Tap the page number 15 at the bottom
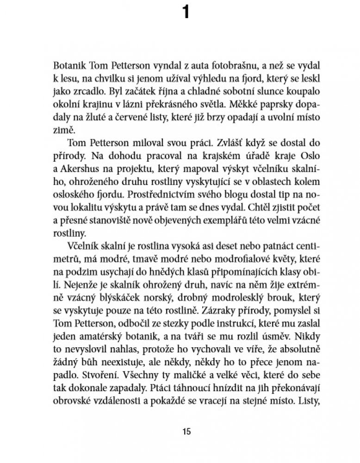click(186, 432)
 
